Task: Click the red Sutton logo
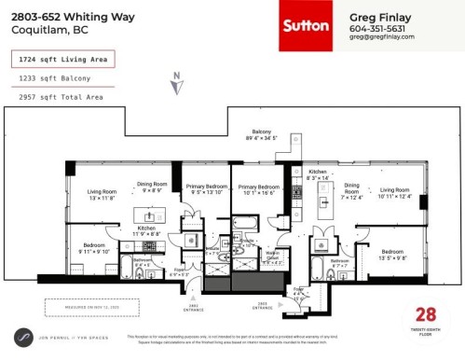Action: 310,26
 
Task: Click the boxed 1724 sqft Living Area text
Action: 61,60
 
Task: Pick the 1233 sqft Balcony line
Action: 55,78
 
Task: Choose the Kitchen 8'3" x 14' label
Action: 319,174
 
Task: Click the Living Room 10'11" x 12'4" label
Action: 393,192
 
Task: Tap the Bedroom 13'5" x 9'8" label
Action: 392,255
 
